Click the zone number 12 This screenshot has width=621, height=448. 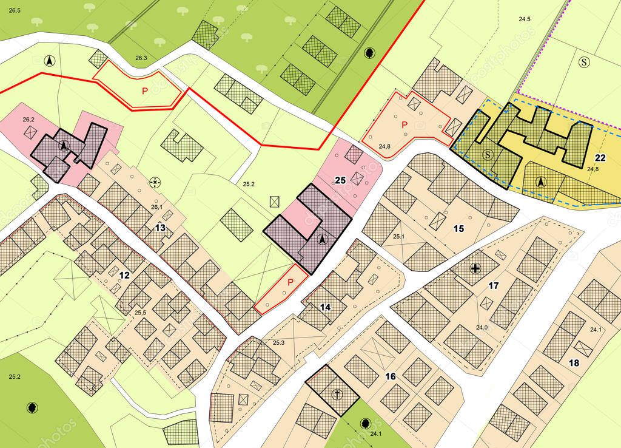click(x=124, y=276)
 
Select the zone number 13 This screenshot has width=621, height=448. click(x=160, y=228)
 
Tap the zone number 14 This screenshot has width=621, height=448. click(x=325, y=307)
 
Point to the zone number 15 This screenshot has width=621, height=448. click(x=458, y=228)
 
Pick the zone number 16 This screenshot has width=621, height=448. click(x=391, y=376)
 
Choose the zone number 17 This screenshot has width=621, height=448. click(x=493, y=285)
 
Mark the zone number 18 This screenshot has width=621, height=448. click(x=574, y=363)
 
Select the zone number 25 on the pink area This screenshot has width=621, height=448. click(x=340, y=180)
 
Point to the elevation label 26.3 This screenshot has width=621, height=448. click(x=141, y=58)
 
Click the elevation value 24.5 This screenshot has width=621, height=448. click(x=525, y=19)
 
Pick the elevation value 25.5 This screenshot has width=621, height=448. click(x=140, y=313)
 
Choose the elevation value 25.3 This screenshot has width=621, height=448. click(x=278, y=343)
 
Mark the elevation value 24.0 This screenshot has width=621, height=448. click(x=482, y=328)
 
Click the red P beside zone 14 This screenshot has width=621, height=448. click(x=290, y=282)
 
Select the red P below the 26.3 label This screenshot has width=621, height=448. click(x=144, y=90)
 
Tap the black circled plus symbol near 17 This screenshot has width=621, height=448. click(x=475, y=268)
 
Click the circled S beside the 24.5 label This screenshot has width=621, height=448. click(x=584, y=62)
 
